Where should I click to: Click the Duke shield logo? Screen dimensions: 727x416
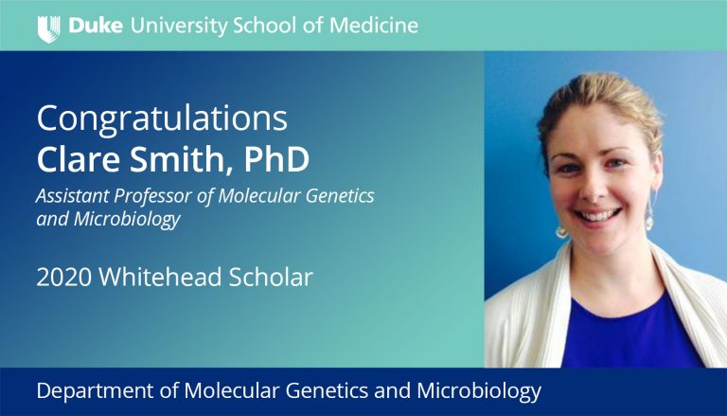[48, 28]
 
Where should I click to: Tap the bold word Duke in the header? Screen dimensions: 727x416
[96, 25]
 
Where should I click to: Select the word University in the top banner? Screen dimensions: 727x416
[179, 26]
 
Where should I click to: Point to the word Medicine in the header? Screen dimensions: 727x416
[374, 25]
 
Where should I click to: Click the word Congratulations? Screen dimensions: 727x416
[162, 119]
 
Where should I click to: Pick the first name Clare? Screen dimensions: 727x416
[79, 159]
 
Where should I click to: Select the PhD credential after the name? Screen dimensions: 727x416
[276, 159]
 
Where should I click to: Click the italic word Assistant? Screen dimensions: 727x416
[72, 196]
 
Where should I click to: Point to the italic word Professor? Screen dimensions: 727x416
[153, 197]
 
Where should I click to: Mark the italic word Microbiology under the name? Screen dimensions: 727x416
[127, 220]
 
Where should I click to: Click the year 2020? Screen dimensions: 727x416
[63, 278]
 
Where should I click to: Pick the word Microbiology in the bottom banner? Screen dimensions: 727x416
[479, 391]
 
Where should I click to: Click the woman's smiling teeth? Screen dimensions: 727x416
[597, 215]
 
